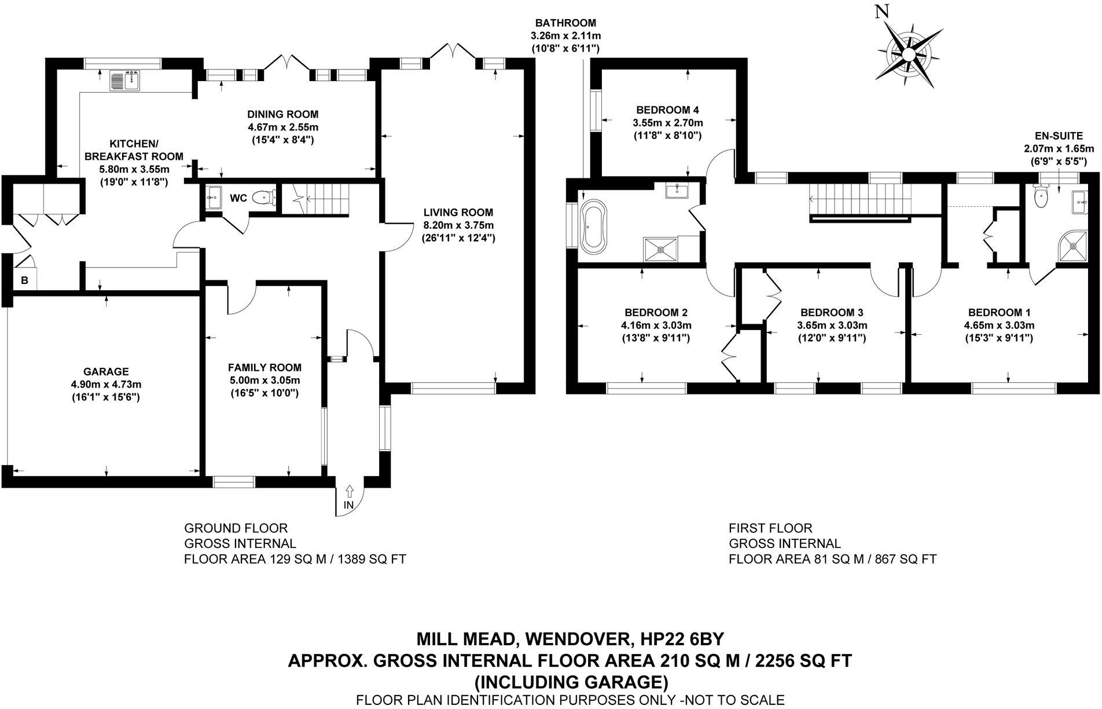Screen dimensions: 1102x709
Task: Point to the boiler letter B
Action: [24, 280]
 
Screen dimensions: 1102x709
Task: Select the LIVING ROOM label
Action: [458, 213]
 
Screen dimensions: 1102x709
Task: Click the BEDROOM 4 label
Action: [667, 109]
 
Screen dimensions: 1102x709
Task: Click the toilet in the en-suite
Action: [1040, 198]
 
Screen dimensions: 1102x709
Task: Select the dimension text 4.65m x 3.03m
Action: [999, 326]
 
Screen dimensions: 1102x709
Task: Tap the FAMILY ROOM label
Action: [265, 367]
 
